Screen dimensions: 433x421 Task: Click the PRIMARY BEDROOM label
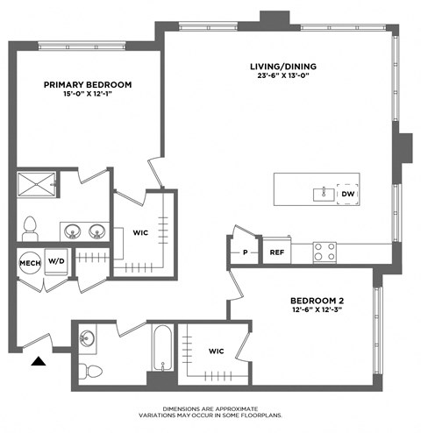pyautogui.click(x=88, y=85)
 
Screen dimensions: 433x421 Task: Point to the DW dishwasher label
pyautogui.click(x=347, y=194)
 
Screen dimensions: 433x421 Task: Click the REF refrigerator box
pyautogui.click(x=276, y=252)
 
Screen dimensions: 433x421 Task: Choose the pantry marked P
pyautogui.click(x=245, y=252)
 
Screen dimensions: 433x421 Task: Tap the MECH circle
pyautogui.click(x=26, y=260)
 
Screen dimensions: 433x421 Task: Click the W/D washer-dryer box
pyautogui.click(x=56, y=260)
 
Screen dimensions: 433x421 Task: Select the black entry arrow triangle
pyautogui.click(x=39, y=361)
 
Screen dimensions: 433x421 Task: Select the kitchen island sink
pyautogui.click(x=323, y=194)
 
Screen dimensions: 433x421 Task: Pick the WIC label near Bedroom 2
pyautogui.click(x=218, y=351)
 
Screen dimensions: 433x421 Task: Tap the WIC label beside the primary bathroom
pyautogui.click(x=140, y=233)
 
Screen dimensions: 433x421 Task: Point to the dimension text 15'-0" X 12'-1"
pyautogui.click(x=88, y=96)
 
